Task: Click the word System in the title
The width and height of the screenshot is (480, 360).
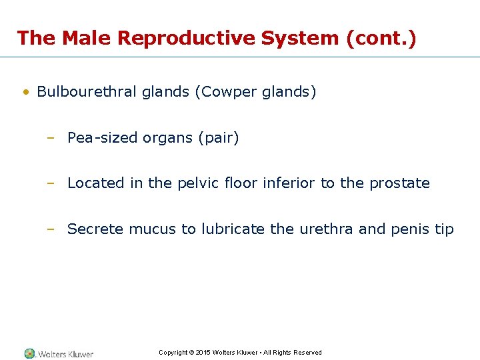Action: (x=301, y=38)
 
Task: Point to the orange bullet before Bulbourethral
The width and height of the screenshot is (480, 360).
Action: (x=25, y=92)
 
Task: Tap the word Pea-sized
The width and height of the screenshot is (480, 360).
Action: (x=99, y=138)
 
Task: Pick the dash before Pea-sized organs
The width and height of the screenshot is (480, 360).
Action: (x=50, y=138)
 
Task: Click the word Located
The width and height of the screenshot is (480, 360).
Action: (x=96, y=183)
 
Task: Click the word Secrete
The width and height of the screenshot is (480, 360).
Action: (x=95, y=229)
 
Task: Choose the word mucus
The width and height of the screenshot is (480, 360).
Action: (x=153, y=229)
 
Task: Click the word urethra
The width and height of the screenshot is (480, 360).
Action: (x=325, y=229)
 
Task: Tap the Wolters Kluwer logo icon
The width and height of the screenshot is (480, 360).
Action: (x=29, y=353)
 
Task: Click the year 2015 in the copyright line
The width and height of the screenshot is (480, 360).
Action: (x=203, y=353)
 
